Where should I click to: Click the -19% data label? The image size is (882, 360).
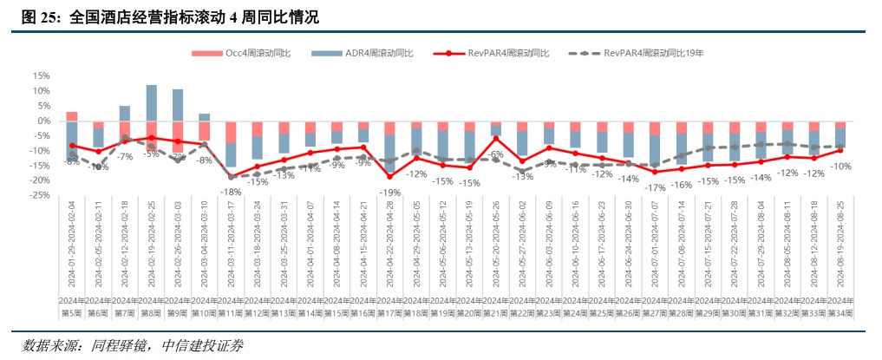pos(389,192)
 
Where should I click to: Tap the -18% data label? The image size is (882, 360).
pos(231,192)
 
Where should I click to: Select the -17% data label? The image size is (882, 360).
pos(655,187)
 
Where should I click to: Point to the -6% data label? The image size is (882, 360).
pos(496,154)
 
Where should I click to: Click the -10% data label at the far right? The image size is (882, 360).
pos(840,166)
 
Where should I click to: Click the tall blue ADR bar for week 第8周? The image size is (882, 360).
pos(151,102)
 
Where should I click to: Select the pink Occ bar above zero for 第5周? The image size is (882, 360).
pos(72,116)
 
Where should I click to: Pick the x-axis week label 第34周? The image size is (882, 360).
pos(840,312)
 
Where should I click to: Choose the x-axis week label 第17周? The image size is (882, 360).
pos(389,312)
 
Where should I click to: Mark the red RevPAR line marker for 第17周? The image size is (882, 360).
pos(389,176)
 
